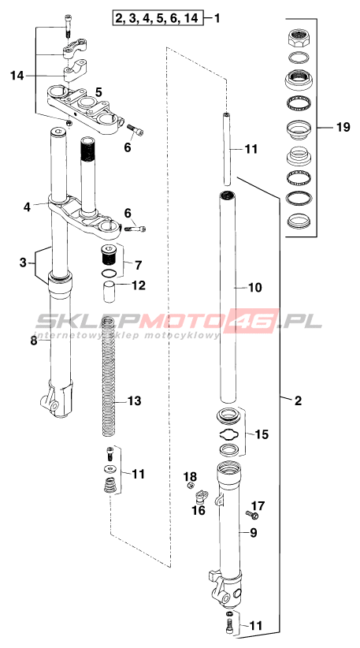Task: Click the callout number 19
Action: pos(343,127)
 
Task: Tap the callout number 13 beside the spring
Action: pos(134,400)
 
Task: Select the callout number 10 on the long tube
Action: pos(254,287)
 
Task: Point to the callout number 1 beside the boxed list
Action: pos(217,18)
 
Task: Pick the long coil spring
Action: pos(108,375)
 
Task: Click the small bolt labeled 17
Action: pos(252,515)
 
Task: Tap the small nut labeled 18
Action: pos(191,485)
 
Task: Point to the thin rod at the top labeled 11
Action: pos(227,149)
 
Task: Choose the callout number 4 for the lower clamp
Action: pos(27,207)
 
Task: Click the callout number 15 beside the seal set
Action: pos(262,434)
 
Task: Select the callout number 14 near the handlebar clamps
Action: pos(18,76)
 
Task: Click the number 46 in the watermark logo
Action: pos(254,321)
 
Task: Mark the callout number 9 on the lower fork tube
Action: pos(254,533)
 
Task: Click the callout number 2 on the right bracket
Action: pos(298,400)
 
